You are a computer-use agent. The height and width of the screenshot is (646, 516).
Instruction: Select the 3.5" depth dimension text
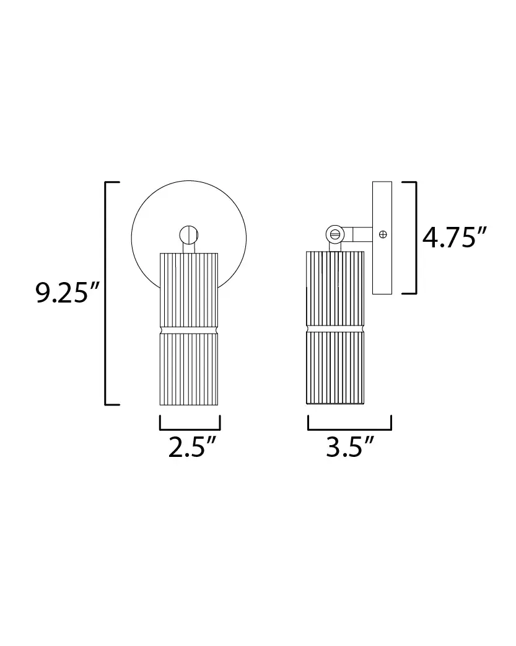(349, 447)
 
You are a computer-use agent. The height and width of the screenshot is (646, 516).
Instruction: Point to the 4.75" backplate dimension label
(455, 237)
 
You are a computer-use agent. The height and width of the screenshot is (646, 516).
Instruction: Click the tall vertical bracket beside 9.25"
(106, 293)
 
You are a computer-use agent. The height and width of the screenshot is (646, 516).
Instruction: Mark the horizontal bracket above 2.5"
(190, 428)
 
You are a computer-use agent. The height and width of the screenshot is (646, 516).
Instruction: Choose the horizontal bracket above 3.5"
(349, 428)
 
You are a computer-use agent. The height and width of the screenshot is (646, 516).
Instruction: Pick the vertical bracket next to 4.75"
(414, 237)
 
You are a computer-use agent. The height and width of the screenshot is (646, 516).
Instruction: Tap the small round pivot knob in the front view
(189, 235)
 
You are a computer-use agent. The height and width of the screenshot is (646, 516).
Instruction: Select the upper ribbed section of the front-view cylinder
(189, 288)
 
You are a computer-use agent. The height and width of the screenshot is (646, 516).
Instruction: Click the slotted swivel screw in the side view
(335, 234)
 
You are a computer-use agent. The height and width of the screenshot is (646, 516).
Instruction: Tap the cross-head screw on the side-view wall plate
(383, 234)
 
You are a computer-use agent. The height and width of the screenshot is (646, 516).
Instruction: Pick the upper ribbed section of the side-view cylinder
(335, 287)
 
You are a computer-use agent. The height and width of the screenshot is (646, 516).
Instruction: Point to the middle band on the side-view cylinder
(335, 327)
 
